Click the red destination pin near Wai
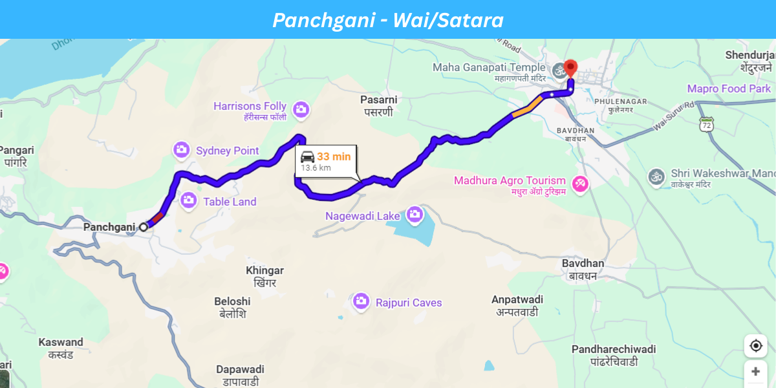click(x=570, y=67)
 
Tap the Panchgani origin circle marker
click(x=143, y=226)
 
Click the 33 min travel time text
click(x=334, y=156)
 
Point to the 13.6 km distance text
click(x=316, y=168)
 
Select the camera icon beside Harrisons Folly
click(x=300, y=109)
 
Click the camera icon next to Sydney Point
click(x=182, y=150)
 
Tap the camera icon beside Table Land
click(x=189, y=201)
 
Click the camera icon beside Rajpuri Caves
click(x=361, y=301)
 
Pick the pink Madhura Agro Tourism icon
click(x=581, y=184)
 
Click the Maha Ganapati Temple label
click(x=489, y=67)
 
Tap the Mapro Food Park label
click(x=729, y=89)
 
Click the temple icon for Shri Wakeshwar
click(x=656, y=176)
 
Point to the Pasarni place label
click(x=378, y=100)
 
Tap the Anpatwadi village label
click(x=517, y=299)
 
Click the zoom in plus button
click(x=755, y=372)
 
